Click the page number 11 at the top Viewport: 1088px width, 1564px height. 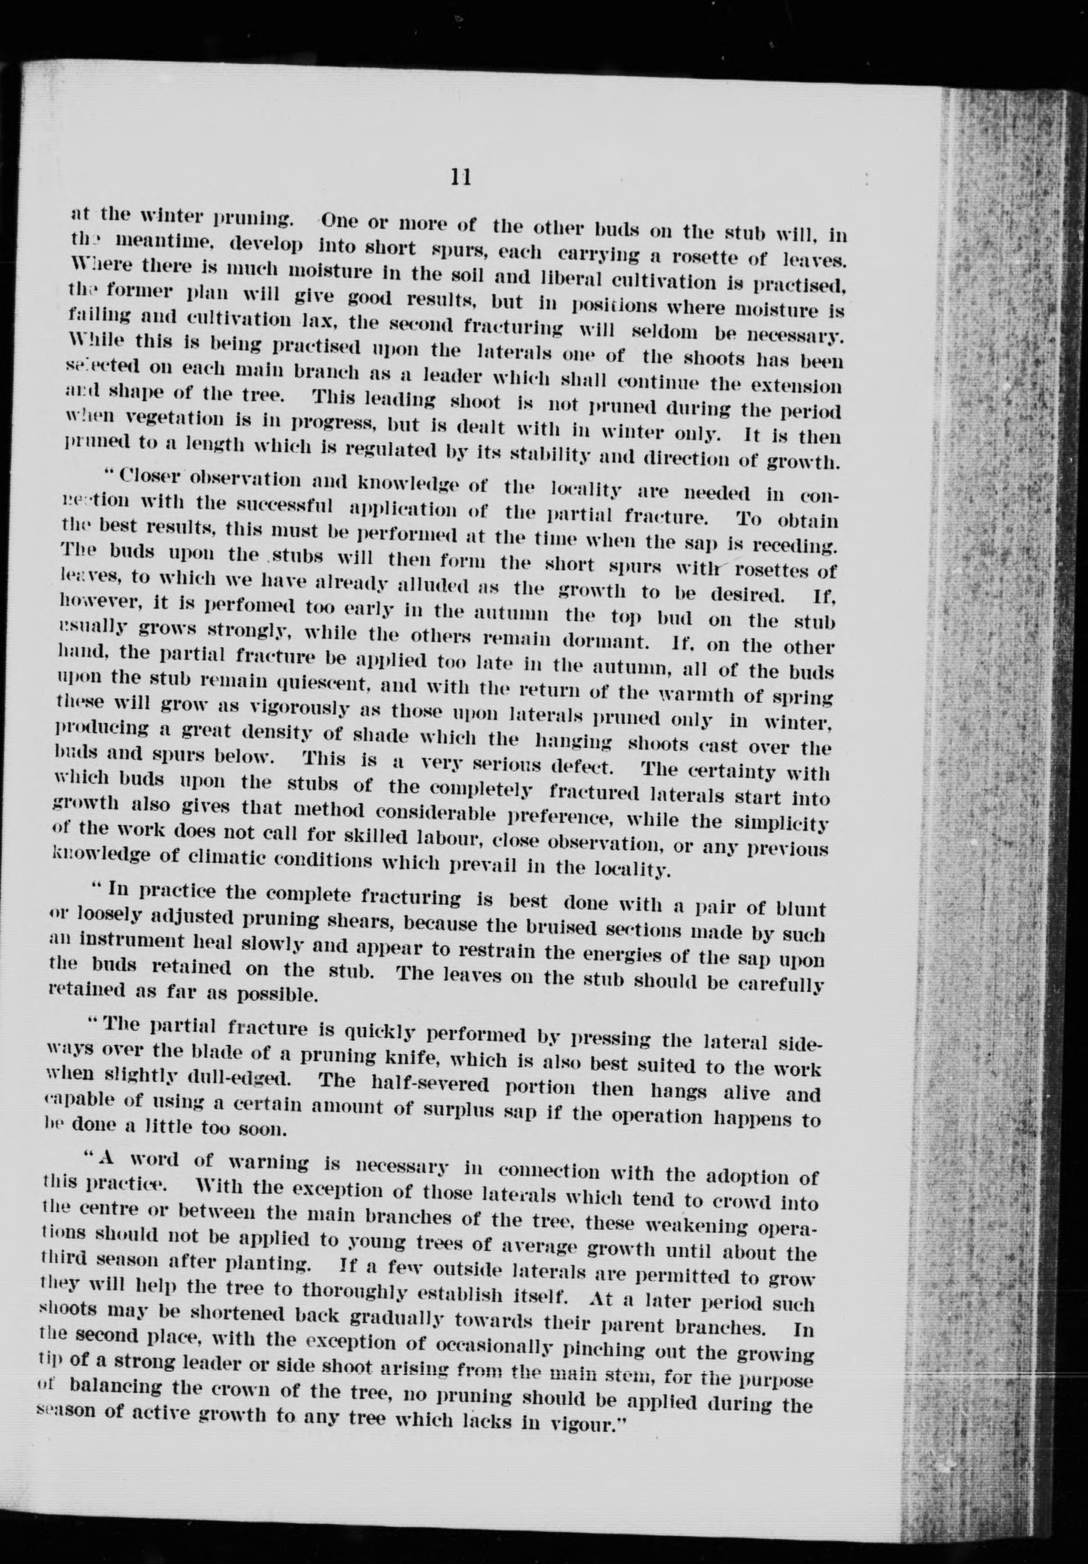(461, 178)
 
